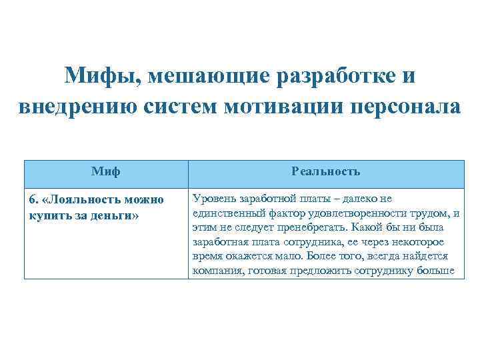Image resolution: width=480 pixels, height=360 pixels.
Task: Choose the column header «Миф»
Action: click(106, 171)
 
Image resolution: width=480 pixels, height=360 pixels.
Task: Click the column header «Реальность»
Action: click(326, 171)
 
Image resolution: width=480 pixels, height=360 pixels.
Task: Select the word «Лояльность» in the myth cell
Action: click(83, 200)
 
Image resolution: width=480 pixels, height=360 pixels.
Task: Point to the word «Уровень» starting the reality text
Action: click(212, 199)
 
